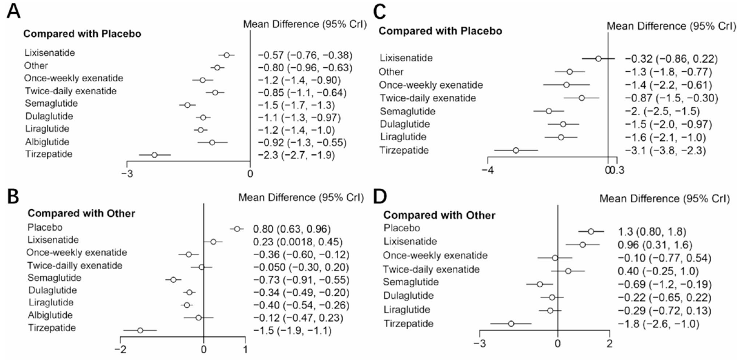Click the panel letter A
click(11, 12)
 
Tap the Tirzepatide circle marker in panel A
click(154, 155)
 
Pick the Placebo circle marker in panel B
click(237, 229)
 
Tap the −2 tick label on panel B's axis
click(121, 349)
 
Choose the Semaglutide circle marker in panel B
click(174, 280)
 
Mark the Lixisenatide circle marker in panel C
click(598, 59)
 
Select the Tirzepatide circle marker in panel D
click(511, 324)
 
